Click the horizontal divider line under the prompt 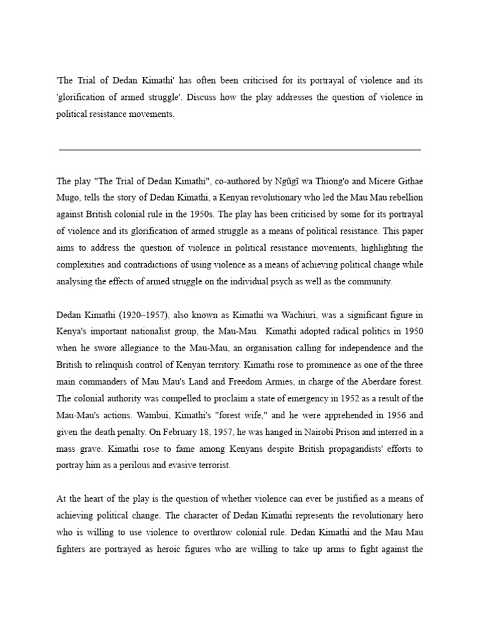click(239, 150)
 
